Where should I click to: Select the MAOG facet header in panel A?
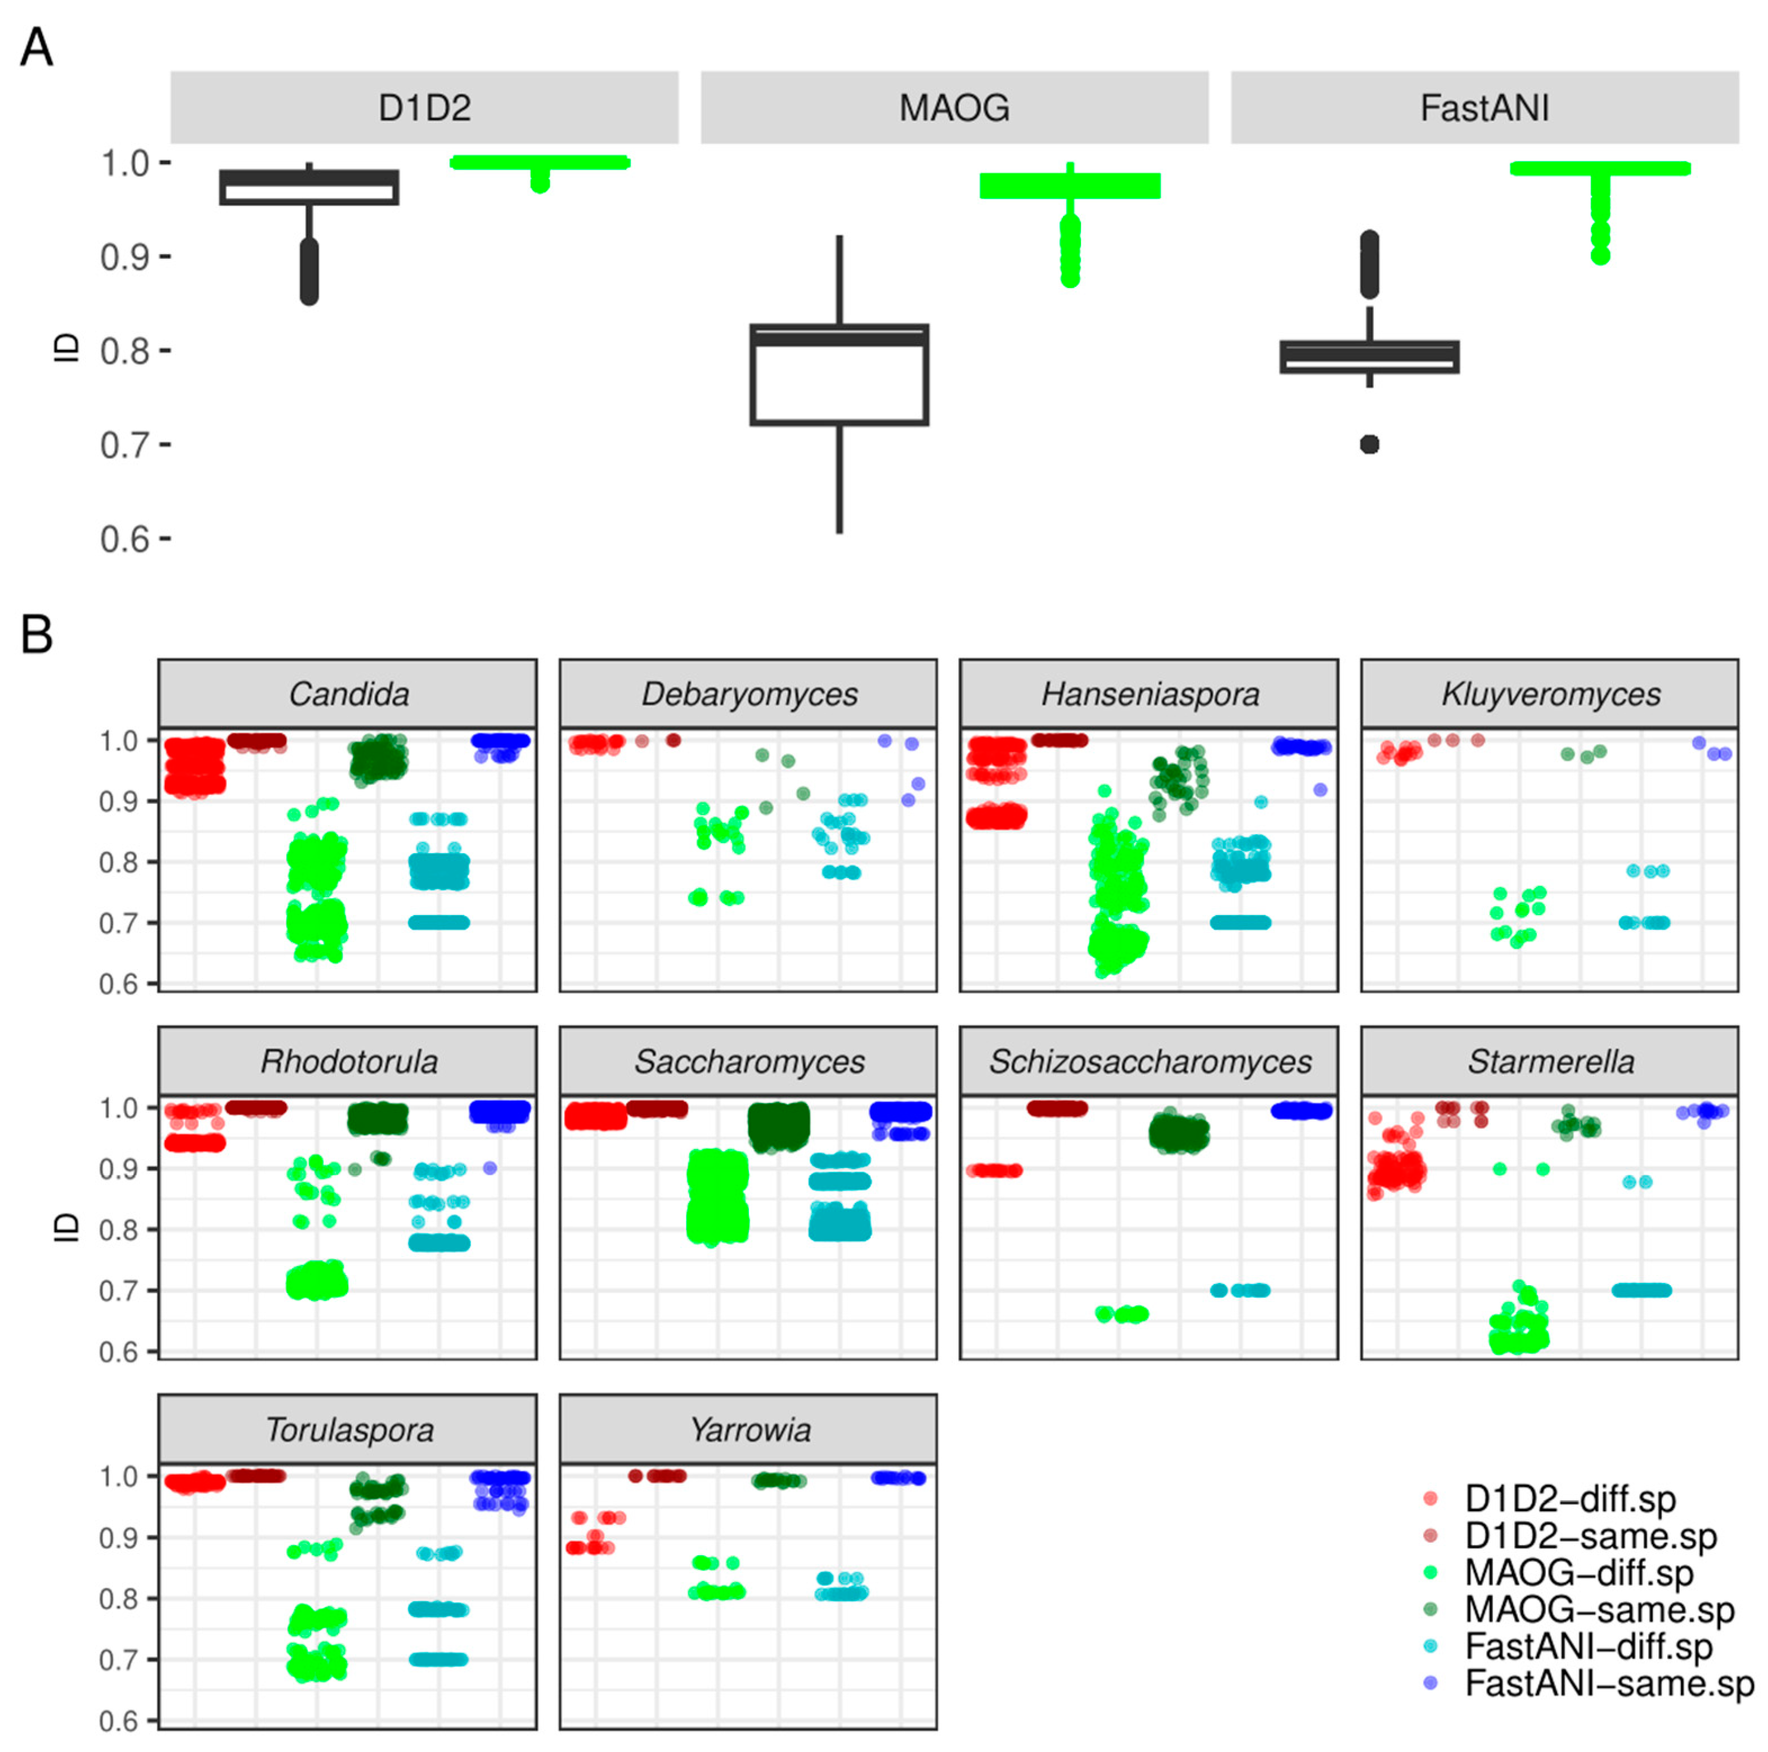point(954,108)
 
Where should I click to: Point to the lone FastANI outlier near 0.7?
point(1369,445)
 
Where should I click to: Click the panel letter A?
point(37,48)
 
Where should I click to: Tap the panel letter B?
point(37,633)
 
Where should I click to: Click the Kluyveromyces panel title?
point(1550,695)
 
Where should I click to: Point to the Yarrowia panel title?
point(750,1429)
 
